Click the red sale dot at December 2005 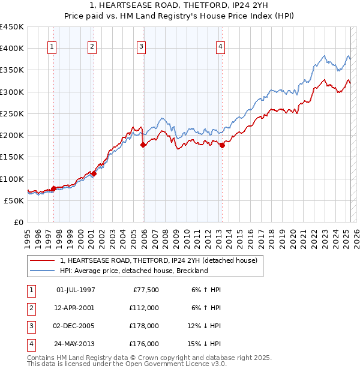point(143,145)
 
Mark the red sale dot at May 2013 point(222,145)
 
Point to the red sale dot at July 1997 point(53,188)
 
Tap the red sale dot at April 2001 point(94,173)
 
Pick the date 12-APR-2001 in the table point(76,308)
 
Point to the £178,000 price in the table point(144,326)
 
